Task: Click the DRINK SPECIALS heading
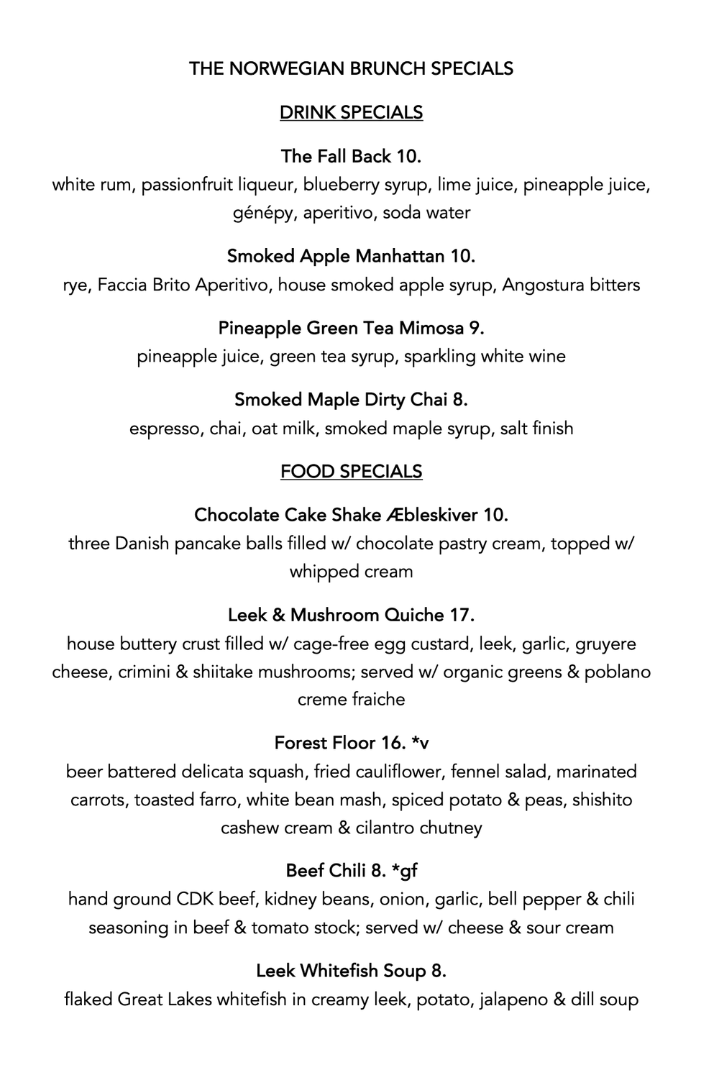coord(351,113)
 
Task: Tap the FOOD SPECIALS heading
coord(351,472)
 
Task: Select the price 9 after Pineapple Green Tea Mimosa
coord(476,328)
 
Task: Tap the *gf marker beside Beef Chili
coord(405,871)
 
